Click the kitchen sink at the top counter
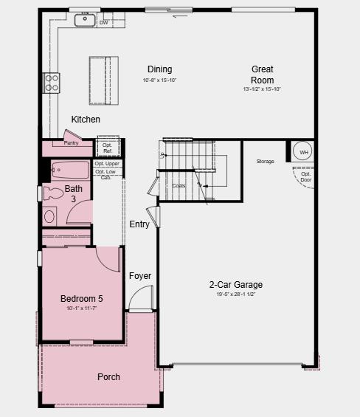point(86,21)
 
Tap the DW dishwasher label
point(103,22)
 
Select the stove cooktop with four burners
point(51,82)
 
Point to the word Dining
point(159,69)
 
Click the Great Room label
point(262,75)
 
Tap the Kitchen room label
point(86,120)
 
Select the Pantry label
point(72,142)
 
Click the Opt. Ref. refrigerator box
point(108,148)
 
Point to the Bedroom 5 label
point(81,298)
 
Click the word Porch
point(108,377)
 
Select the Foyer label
point(140,276)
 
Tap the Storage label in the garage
point(265,161)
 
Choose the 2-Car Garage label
point(235,284)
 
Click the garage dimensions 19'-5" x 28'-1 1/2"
point(235,294)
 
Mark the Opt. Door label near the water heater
point(305,176)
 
